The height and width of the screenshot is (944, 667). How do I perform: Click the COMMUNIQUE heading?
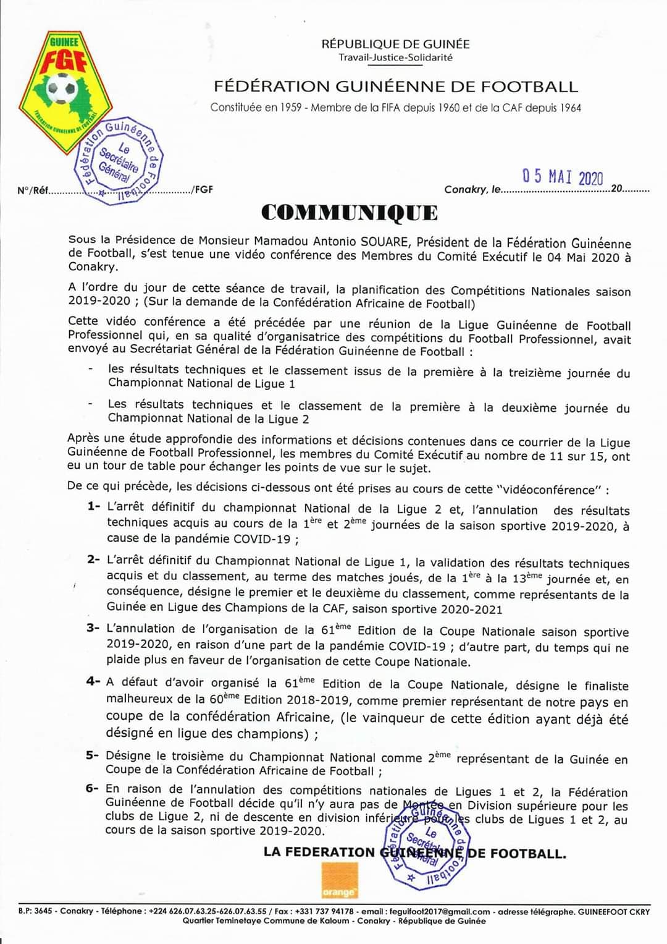pos(350,213)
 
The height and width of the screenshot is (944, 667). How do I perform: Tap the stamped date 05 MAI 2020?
pos(562,177)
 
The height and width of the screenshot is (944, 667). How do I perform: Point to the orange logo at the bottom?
pos(339,880)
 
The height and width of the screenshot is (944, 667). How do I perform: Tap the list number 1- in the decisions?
pos(94,506)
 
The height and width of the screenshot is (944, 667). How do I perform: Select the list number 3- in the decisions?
pos(93,628)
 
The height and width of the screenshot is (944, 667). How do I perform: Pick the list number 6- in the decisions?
pos(93,788)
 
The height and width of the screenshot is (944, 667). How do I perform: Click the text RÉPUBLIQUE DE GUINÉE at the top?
pos(395,44)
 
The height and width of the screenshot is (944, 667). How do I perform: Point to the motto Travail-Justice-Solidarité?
pos(395,57)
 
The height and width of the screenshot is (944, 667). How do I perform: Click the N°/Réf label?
pos(33,190)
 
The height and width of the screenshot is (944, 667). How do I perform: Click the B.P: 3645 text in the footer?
pos(35,911)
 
